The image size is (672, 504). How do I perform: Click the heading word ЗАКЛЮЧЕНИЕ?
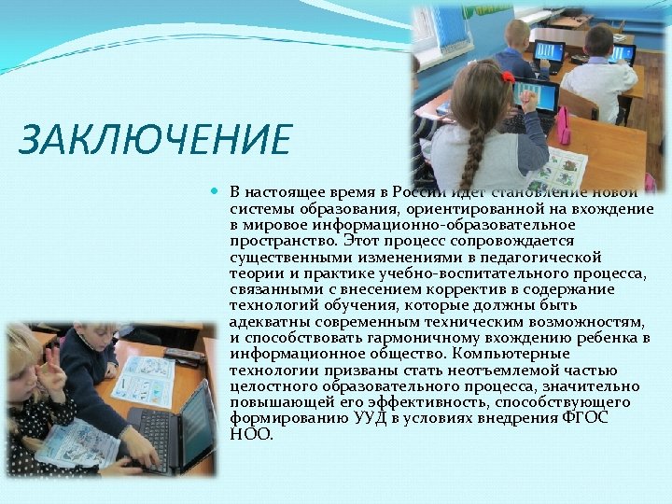pos(154,140)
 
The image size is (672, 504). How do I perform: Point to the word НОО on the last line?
pos(251,433)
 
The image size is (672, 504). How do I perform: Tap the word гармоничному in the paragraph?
pos(420,338)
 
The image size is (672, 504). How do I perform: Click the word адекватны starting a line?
pos(267,321)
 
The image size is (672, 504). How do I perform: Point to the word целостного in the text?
pos(271,385)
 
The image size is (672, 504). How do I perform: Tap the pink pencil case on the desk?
pos(564,127)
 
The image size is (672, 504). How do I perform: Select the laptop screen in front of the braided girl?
pos(535,94)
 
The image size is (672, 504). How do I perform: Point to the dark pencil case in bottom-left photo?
pos(184,354)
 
